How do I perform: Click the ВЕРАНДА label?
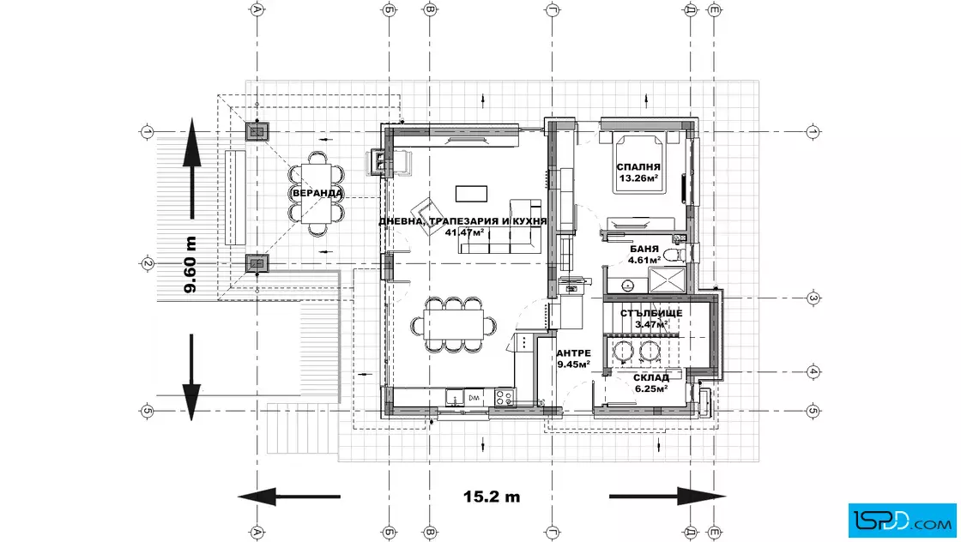317,194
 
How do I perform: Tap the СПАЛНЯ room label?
638,166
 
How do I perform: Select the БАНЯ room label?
644,250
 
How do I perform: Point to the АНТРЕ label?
574,353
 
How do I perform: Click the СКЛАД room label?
651,378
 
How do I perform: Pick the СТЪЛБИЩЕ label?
651,314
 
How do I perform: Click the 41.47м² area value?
464,232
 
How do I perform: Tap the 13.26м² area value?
638,178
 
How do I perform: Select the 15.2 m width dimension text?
492,496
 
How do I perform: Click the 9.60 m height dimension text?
190,265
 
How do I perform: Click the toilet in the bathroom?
675,254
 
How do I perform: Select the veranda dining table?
317,194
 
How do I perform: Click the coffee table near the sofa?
471,194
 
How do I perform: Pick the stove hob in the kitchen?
505,397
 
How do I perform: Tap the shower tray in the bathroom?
668,280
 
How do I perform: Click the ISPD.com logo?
902,520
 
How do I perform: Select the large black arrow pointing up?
192,168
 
